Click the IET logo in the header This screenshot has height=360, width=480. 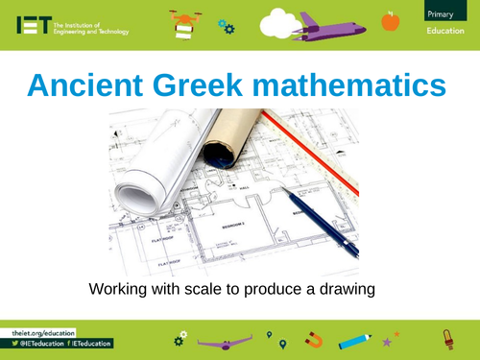pyautogui.click(x=30, y=27)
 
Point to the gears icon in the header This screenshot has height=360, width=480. pyautogui.click(x=227, y=26)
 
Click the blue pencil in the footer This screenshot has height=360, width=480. pyautogui.click(x=354, y=339)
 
